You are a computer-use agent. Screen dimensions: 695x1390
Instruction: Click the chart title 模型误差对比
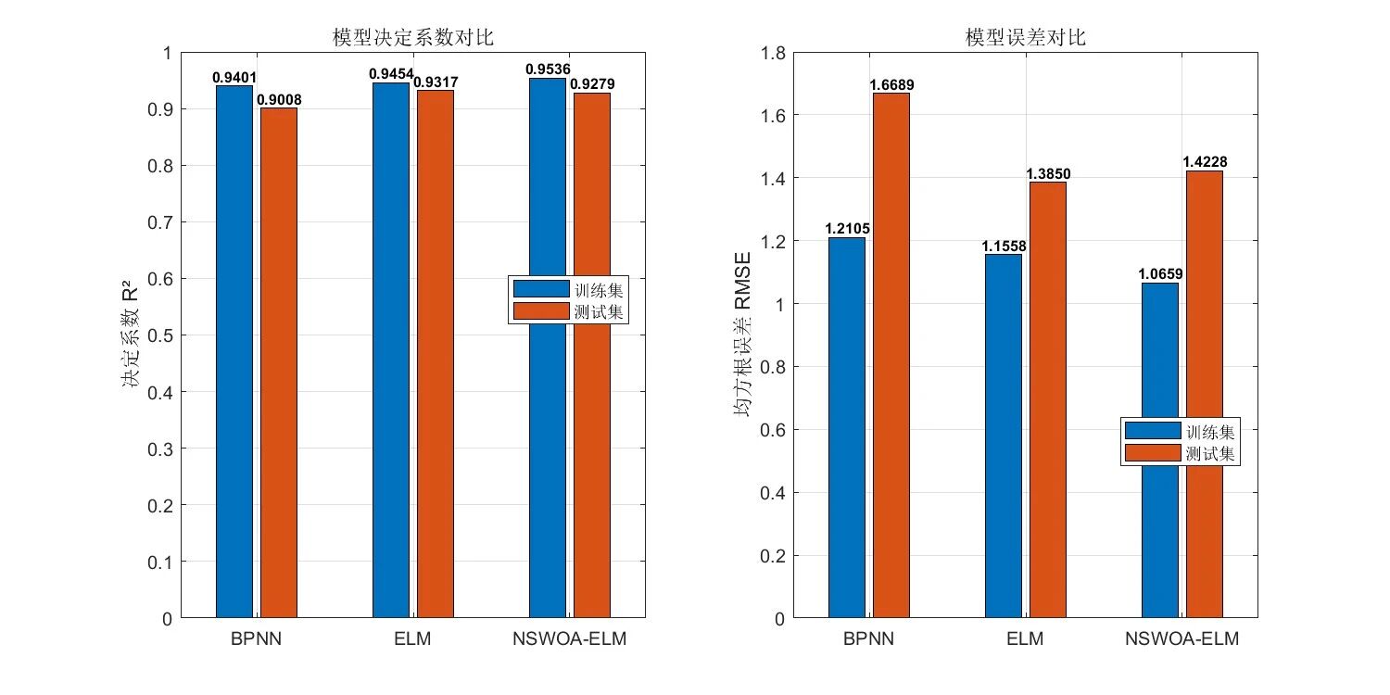tap(1025, 38)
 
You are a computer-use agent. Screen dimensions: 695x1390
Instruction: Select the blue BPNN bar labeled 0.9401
tap(234, 352)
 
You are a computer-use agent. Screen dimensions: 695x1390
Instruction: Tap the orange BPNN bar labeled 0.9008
tap(279, 361)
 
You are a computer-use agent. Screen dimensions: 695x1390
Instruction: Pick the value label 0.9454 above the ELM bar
tap(390, 74)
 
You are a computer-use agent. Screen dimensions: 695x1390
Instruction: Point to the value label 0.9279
tap(592, 84)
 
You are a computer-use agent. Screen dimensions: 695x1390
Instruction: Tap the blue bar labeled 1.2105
tap(847, 426)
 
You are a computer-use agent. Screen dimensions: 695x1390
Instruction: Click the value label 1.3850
tap(1048, 173)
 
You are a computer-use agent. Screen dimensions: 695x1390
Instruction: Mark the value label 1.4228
tap(1205, 162)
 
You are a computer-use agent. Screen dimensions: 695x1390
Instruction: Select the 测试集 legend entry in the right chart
tap(1181, 453)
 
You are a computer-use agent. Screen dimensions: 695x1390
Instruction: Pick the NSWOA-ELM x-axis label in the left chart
tap(570, 640)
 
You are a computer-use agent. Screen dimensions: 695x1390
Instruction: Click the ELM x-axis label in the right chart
tap(1025, 640)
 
